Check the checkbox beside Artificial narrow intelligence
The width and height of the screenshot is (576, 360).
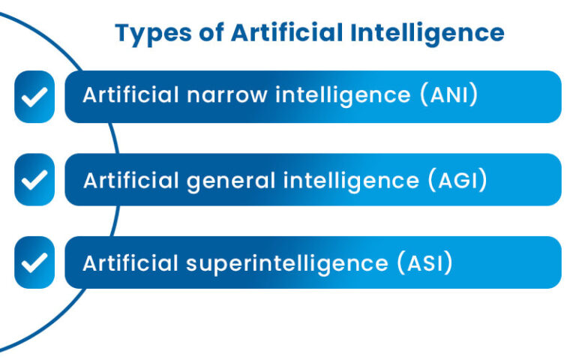point(34,97)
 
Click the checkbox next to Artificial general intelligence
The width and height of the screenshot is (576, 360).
point(34,180)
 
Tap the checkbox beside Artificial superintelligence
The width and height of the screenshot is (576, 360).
point(34,262)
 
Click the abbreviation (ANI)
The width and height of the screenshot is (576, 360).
point(449,96)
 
